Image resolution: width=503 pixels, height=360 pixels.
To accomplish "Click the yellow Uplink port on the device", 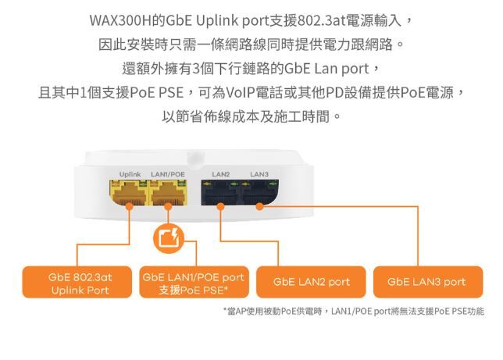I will click(128, 191).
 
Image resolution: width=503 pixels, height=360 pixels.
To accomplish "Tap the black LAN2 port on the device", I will click(220, 191).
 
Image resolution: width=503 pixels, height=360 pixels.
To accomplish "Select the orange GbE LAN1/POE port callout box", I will click(193, 283).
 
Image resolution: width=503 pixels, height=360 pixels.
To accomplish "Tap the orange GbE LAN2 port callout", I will click(311, 282).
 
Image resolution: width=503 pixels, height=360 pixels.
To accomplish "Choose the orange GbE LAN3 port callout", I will click(426, 282).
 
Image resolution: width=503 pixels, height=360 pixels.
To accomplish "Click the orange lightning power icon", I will click(169, 238).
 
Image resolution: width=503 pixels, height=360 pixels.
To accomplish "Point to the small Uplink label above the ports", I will click(130, 173).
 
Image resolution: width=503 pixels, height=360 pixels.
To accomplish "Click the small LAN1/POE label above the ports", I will click(167, 173).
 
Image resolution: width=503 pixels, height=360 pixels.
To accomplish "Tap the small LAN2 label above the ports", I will click(221, 173).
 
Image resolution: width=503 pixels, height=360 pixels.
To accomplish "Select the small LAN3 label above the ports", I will click(259, 173).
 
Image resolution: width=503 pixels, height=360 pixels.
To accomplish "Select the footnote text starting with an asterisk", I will click(353, 311).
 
